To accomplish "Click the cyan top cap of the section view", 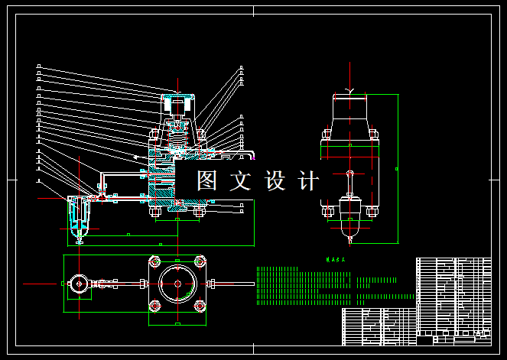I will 177,98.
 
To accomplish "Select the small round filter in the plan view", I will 80,284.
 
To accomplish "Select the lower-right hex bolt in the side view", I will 372,211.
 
